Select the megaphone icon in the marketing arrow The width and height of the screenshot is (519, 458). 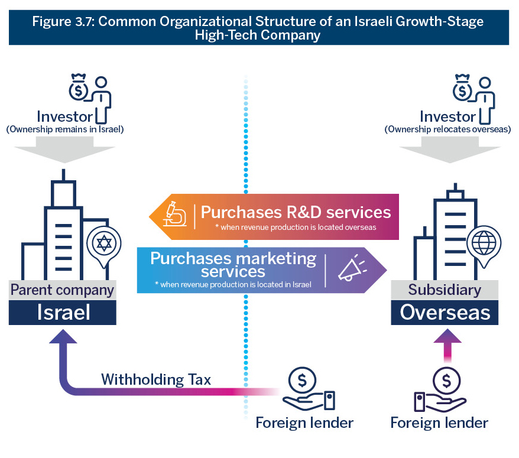[350, 269]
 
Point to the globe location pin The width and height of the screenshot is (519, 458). [482, 244]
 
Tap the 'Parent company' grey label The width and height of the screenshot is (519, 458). [62, 290]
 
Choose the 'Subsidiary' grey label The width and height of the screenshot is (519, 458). [445, 290]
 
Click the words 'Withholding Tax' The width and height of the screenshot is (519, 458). [156, 379]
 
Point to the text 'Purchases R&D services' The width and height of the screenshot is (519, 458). [296, 212]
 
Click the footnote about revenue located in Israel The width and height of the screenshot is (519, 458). [233, 284]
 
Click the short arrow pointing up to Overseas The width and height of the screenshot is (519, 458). [447, 343]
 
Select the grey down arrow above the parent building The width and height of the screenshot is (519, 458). [64, 151]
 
